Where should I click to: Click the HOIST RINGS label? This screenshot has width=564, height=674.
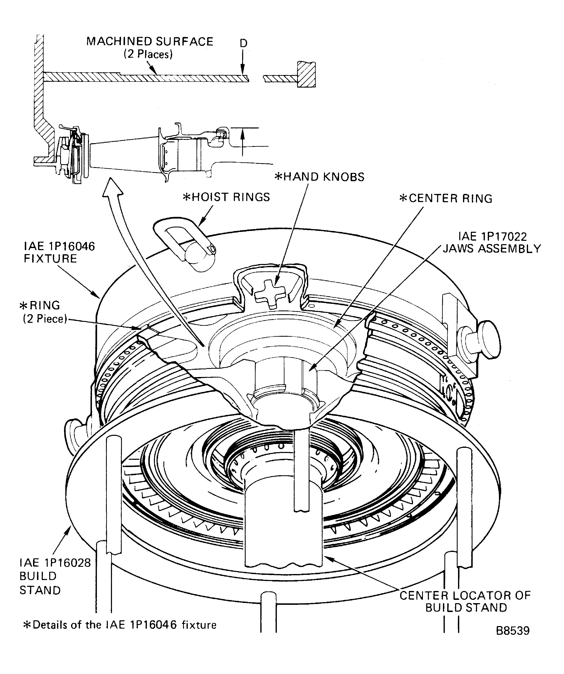(226, 197)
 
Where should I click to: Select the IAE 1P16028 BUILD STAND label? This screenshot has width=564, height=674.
(55, 576)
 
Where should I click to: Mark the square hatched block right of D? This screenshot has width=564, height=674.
(306, 74)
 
